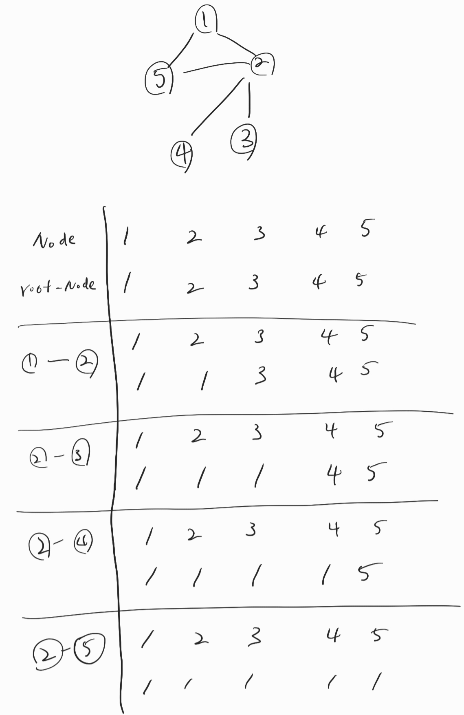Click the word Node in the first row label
pyautogui.click(x=54, y=239)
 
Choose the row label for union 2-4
pyautogui.click(x=60, y=542)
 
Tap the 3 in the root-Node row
pyautogui.click(x=254, y=282)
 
